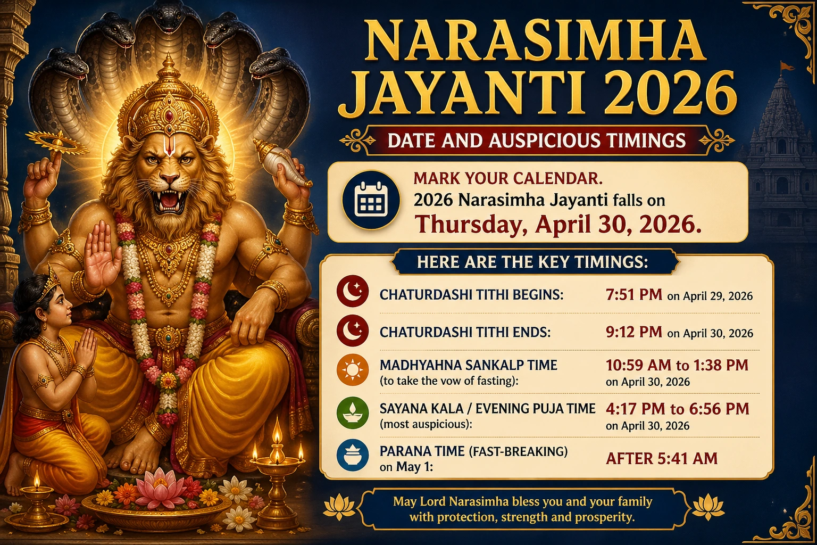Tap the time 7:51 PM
coord(633,295)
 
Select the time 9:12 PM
coord(633,332)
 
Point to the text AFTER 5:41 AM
coord(662,458)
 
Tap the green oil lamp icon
coord(353,413)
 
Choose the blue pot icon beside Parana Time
coord(353,456)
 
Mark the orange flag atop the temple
coord(786,67)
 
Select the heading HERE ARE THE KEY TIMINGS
coord(532,262)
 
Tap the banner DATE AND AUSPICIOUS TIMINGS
coord(537,141)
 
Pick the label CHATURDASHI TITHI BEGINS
coord(471,295)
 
